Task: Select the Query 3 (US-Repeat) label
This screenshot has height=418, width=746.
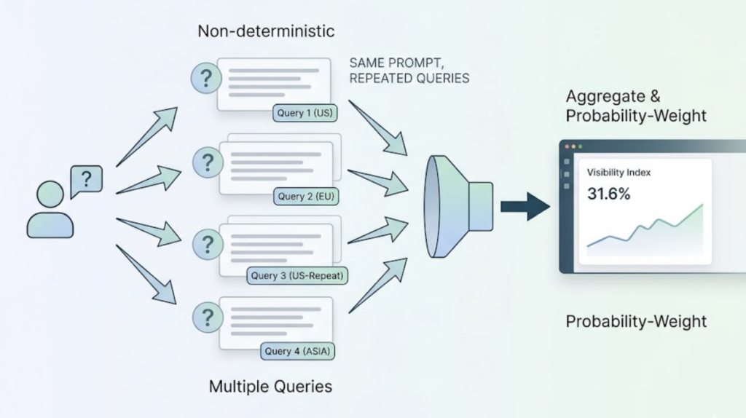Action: click(x=296, y=276)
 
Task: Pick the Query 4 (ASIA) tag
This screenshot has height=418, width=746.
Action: click(x=297, y=351)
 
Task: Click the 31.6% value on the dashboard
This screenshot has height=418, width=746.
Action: click(x=609, y=194)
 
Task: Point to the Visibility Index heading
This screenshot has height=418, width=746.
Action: click(x=619, y=173)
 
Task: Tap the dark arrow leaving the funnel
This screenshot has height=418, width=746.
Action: click(x=525, y=206)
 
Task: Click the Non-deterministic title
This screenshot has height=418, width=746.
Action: click(x=267, y=31)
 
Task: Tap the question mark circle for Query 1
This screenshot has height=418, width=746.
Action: click(x=207, y=77)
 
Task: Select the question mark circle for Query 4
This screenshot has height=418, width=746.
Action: click(x=207, y=318)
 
